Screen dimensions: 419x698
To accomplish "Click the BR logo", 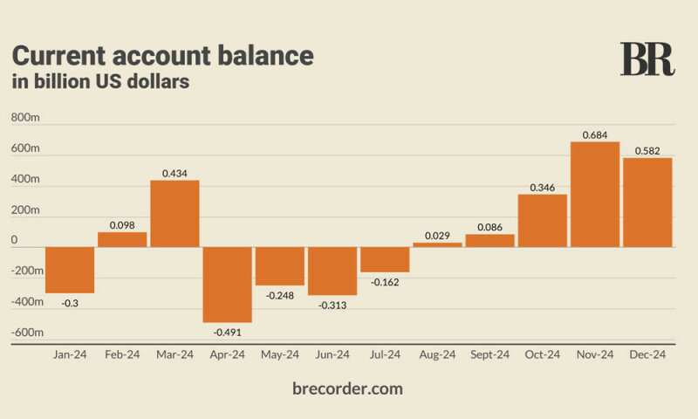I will [647, 59].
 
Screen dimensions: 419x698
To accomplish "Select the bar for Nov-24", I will [594, 194].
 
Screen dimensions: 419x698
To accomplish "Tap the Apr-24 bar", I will [228, 285].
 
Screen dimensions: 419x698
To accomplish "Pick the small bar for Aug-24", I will [437, 244].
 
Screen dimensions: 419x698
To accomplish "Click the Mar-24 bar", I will [174, 213].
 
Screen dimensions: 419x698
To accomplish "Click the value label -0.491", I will [228, 331].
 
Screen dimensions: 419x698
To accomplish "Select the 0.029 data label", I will [437, 235].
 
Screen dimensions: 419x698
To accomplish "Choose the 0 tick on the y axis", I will [14, 240].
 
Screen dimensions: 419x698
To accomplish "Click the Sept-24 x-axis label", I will [489, 355].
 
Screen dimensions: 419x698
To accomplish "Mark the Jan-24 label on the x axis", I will [70, 355].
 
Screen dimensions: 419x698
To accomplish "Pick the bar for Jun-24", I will [332, 271].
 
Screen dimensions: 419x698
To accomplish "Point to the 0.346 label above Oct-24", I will [542, 187].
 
